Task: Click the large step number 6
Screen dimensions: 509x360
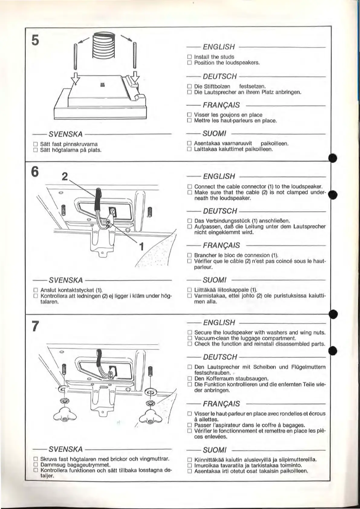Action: pyautogui.click(x=35, y=173)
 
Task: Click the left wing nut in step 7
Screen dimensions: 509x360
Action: pyautogui.click(x=64, y=417)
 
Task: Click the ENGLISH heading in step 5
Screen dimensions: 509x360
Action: pyautogui.click(x=219, y=47)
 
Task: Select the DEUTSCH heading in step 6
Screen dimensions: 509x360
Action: pyautogui.click(x=220, y=211)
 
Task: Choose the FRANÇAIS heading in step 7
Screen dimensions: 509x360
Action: pyautogui.click(x=222, y=404)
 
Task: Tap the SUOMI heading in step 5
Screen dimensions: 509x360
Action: pyautogui.click(x=214, y=133)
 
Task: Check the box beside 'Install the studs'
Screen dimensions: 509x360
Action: pyautogui.click(x=190, y=57)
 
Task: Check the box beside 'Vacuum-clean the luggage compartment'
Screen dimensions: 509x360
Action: pyautogui.click(x=190, y=338)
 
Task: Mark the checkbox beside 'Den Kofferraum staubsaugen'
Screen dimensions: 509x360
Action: pyautogui.click(x=190, y=378)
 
